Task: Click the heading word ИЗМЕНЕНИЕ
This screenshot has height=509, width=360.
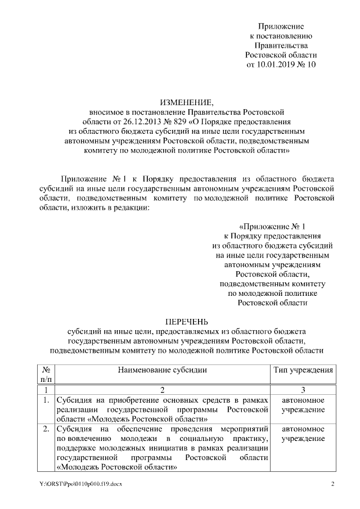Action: click(186, 102)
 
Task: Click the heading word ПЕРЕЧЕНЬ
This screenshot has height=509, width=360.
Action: click(186, 322)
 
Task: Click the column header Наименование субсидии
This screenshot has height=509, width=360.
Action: click(163, 370)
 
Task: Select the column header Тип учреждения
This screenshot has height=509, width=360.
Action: click(303, 370)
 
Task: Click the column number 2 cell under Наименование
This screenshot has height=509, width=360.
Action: click(163, 390)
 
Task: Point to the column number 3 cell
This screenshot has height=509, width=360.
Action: click(303, 390)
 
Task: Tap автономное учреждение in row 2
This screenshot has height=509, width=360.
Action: click(303, 435)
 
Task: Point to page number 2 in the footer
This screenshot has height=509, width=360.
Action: click(332, 484)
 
